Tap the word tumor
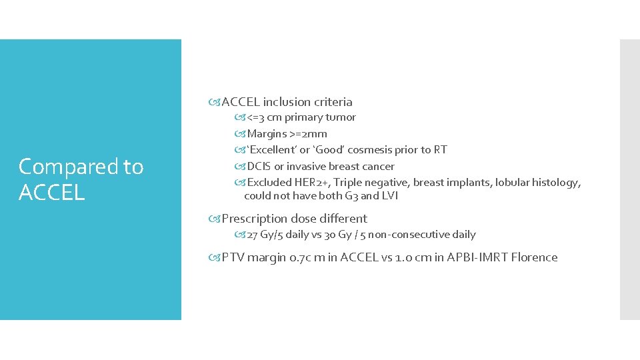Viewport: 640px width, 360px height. coord(341,117)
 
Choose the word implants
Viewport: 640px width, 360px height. coord(469,183)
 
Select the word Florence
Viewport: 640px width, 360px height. coord(534,257)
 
